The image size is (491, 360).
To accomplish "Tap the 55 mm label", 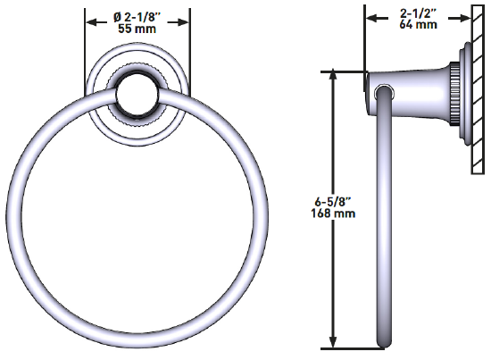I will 137,29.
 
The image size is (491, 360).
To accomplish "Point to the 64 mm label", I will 418,25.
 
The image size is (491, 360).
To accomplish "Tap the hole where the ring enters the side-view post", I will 383,90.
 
